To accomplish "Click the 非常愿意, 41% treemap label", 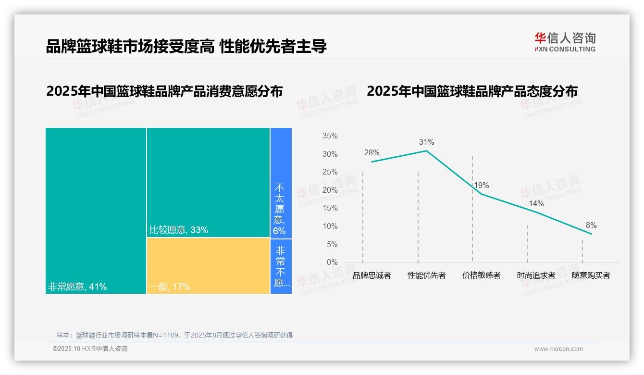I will tap(77, 287).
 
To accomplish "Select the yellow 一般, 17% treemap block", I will tap(208, 265).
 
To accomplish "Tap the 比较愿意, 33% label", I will tap(179, 230).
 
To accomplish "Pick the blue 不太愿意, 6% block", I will tap(281, 183).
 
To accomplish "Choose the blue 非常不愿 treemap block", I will tap(281, 266).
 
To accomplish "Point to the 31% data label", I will tap(426, 142).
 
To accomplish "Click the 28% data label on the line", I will tap(372, 153).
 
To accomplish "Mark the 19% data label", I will tap(481, 186).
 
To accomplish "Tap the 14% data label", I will tap(536, 204).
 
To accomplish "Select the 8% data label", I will tap(591, 225).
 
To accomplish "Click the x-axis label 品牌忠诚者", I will tap(372, 275).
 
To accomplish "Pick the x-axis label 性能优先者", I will tap(426, 275).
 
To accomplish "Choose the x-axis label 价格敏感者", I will tap(481, 275).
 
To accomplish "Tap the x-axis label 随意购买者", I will tap(591, 275).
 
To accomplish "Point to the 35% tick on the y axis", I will tap(330, 136).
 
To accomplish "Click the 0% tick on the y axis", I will tap(332, 262).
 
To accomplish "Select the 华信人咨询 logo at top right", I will tap(565, 42).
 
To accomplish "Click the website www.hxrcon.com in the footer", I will tap(558, 349).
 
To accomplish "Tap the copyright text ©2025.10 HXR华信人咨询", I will tap(90, 349).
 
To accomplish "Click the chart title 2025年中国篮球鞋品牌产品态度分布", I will tap(472, 91).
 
